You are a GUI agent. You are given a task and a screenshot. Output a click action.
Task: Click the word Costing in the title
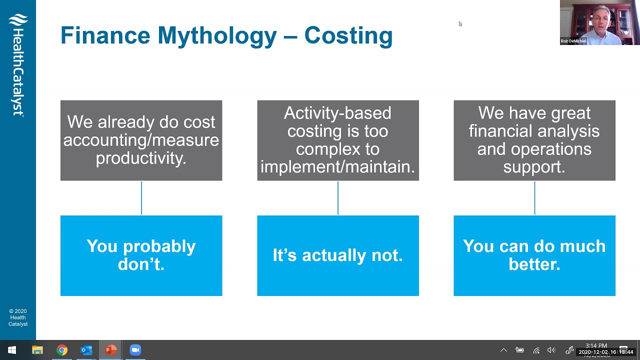[x=348, y=36]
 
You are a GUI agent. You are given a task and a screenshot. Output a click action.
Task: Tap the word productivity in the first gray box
[x=141, y=158]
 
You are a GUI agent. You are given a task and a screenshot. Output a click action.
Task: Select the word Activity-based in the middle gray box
[x=337, y=113]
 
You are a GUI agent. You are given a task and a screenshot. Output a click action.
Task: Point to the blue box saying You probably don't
[x=141, y=255]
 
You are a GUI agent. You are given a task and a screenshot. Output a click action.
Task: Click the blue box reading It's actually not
[x=337, y=255]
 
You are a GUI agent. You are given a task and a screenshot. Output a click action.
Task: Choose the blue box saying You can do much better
[x=534, y=255]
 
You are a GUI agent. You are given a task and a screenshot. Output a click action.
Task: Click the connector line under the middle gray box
[x=338, y=198]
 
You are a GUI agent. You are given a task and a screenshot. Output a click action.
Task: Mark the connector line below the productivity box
[x=141, y=198]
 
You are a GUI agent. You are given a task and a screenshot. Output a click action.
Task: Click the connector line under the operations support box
[x=534, y=198]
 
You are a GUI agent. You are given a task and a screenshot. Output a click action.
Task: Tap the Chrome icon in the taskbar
[x=62, y=350]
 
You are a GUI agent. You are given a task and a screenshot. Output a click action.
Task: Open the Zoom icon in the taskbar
[x=135, y=350]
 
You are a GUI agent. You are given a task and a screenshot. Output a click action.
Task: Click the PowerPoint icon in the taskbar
[x=110, y=350]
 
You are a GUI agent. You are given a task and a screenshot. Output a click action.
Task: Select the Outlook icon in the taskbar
[x=86, y=350]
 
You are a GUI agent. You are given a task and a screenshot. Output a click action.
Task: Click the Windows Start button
[x=12, y=350]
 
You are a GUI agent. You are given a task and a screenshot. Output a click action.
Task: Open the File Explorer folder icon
[x=37, y=350]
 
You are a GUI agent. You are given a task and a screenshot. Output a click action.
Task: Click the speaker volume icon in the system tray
[x=551, y=350]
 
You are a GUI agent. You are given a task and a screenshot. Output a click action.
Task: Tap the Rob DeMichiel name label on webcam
[x=573, y=41]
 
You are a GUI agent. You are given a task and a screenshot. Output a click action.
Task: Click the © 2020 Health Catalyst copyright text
[x=18, y=317]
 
